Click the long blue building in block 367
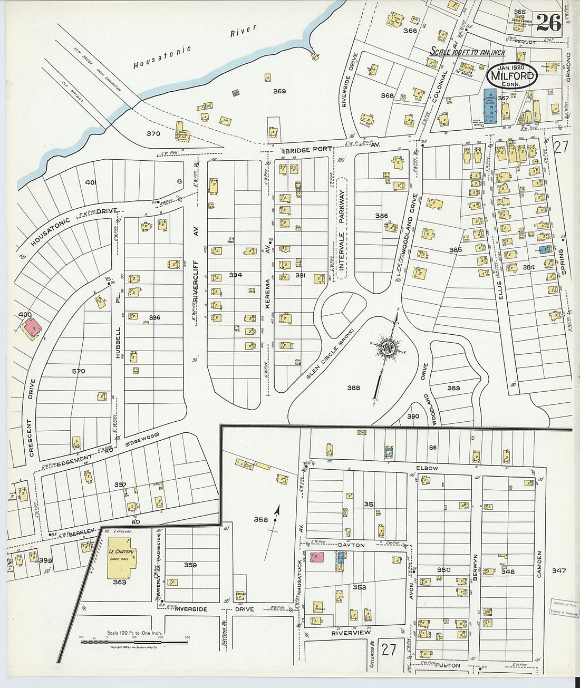click(490, 106)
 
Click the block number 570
click(79, 371)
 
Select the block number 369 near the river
click(279, 91)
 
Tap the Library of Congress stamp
click(564, 608)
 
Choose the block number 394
click(235, 275)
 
